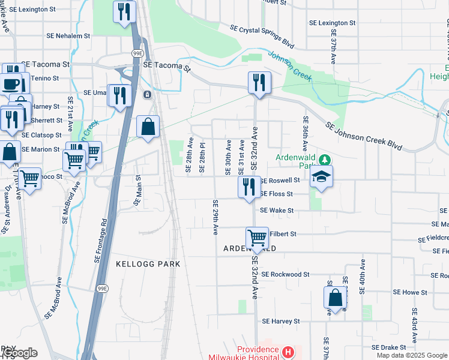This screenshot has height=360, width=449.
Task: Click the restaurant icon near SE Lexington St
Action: click(124, 12)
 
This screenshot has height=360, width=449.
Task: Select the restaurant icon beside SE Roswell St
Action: click(249, 187)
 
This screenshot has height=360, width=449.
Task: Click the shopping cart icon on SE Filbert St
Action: click(257, 238)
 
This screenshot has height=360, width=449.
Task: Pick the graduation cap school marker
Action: click(321, 177)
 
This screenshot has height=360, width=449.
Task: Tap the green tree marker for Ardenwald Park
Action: click(325, 160)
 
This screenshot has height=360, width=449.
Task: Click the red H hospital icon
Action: click(288, 352)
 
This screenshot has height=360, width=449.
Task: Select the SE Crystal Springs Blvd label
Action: click(262, 37)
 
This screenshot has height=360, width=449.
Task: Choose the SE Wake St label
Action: click(277, 211)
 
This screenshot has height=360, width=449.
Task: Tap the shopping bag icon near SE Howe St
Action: click(335, 297)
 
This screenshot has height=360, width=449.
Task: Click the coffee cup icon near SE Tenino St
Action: click(11, 83)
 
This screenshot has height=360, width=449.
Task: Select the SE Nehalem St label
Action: click(68, 36)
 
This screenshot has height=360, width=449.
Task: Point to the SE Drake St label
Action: click(389, 347)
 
